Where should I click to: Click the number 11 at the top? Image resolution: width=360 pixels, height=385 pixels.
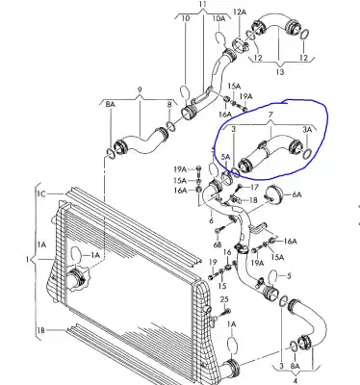203,5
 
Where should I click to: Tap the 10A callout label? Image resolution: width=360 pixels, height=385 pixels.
219,16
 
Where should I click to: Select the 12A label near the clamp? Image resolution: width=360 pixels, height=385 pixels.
242,12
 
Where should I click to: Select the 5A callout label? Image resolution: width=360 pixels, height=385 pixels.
225,157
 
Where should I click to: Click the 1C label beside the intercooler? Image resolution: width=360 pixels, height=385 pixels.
41,195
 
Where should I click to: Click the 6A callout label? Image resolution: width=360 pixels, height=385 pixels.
296,193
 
